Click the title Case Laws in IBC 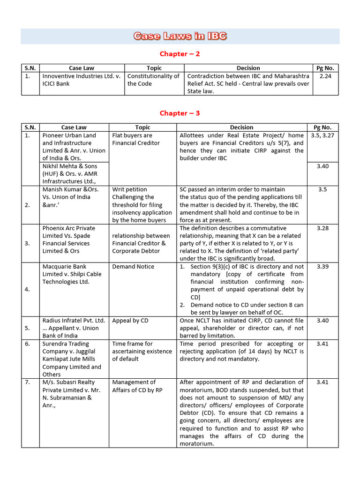(x=180, y=36)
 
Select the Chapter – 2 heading (x=180, y=54)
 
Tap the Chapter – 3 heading (x=180, y=113)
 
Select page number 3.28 (x=322, y=228)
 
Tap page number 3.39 (x=322, y=267)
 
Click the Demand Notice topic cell (x=133, y=267)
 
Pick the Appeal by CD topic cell (x=130, y=321)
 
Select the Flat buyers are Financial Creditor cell (x=136, y=139)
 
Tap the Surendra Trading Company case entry (x=74, y=359)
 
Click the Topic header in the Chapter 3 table (x=142, y=127)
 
